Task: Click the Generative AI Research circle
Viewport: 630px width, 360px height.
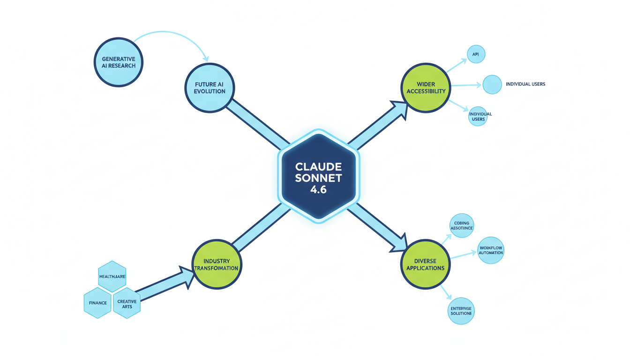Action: pyautogui.click(x=119, y=62)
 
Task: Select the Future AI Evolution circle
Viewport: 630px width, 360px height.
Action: pyautogui.click(x=210, y=88)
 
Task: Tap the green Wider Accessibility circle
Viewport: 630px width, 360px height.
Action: pyautogui.click(x=426, y=88)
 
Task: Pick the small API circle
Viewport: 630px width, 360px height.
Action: pyautogui.click(x=476, y=54)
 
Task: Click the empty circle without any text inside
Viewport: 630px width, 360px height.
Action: pyautogui.click(x=492, y=85)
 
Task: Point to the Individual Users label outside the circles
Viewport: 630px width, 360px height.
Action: pyautogui.click(x=525, y=84)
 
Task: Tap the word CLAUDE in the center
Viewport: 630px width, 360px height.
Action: pyautogui.click(x=318, y=167)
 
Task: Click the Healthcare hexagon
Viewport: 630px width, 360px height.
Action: pyautogui.click(x=112, y=277)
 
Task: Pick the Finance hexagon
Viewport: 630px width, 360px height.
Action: pyautogui.click(x=97, y=303)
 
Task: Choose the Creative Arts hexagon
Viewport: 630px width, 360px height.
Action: pyautogui.click(x=127, y=303)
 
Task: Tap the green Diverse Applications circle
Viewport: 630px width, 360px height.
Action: pyautogui.click(x=426, y=264)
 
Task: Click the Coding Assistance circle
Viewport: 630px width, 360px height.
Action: pyautogui.click(x=461, y=225)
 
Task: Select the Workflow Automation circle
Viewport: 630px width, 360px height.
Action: pyautogui.click(x=491, y=250)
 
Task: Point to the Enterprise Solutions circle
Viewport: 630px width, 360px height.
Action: pyautogui.click(x=461, y=310)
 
